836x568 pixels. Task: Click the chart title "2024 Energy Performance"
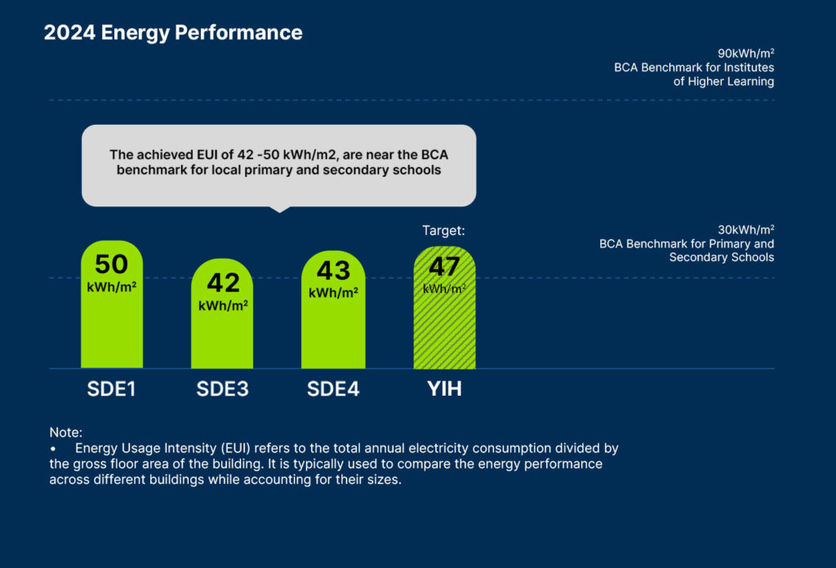coord(172,33)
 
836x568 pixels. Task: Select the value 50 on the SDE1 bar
coord(111,265)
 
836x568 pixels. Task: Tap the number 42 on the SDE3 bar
coord(223,282)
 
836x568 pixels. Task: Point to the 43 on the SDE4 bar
coord(332,270)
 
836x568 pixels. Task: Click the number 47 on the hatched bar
coord(444,267)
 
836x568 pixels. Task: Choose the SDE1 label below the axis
coord(111,389)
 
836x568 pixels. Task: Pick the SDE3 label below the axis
coord(222,389)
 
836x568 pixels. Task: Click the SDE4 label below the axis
coord(332,389)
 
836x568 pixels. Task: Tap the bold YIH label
coord(444,389)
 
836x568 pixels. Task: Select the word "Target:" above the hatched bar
coord(443,231)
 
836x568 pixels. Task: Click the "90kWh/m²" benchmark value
coord(745,54)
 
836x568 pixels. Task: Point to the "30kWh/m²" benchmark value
coord(745,229)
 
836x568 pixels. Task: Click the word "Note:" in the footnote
coord(65,433)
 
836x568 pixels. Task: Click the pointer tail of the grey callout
coord(279,208)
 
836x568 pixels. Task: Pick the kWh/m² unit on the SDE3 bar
coord(223,306)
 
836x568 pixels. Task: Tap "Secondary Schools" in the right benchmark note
coord(722,258)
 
